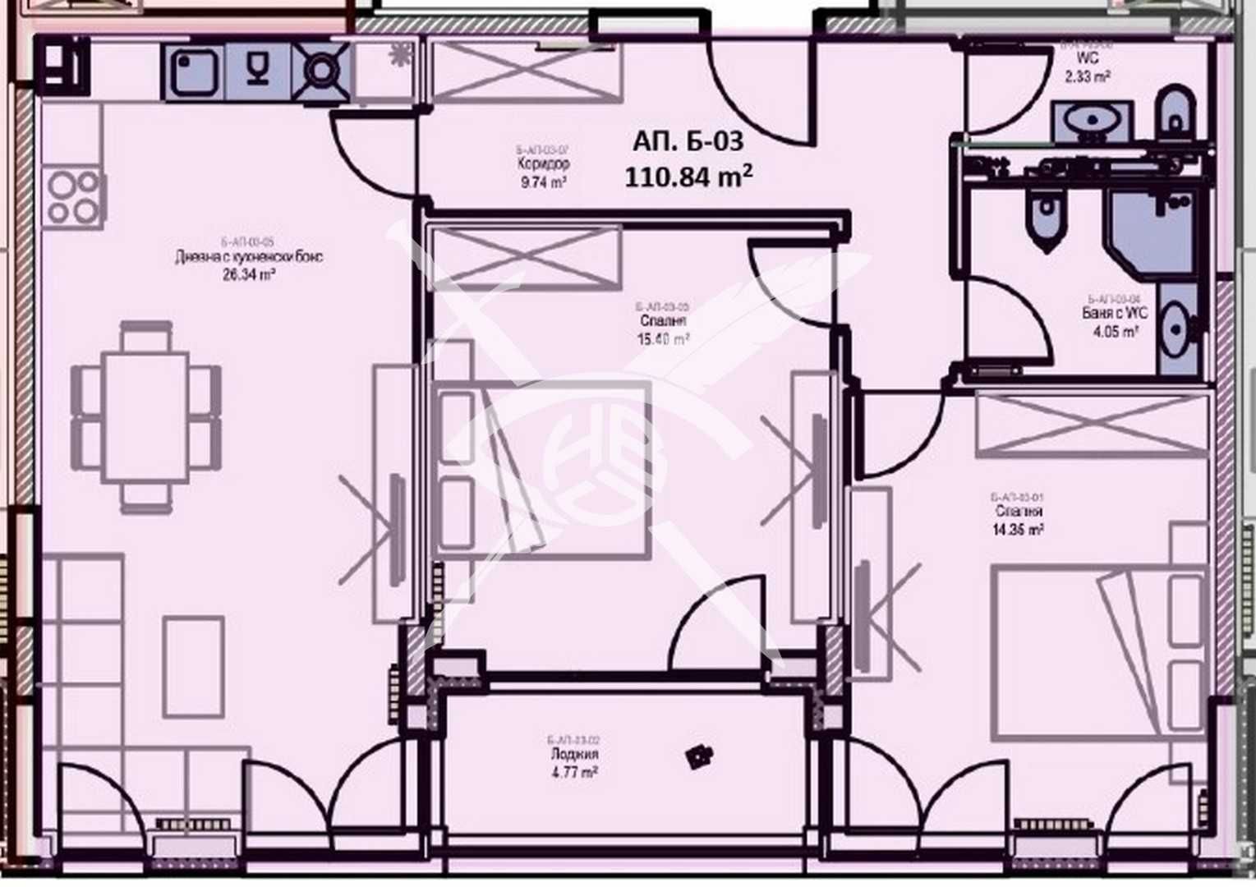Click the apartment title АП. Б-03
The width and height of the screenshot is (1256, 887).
688,141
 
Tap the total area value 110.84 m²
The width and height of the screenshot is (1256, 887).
688,177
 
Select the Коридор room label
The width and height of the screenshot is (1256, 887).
543,164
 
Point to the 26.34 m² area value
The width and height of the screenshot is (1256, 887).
248,275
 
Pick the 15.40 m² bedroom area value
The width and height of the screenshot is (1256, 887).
662,338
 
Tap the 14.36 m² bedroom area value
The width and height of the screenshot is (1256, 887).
1017,530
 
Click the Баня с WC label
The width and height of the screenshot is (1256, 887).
1114,314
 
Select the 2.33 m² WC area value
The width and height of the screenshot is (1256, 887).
1088,76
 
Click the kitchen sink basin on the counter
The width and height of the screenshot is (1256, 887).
195,72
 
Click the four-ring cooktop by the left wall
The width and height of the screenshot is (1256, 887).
73,199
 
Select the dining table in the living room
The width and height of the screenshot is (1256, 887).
145,417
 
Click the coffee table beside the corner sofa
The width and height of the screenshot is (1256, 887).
193,667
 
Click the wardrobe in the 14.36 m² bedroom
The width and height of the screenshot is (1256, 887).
1092,425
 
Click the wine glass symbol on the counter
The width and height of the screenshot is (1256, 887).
258,71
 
